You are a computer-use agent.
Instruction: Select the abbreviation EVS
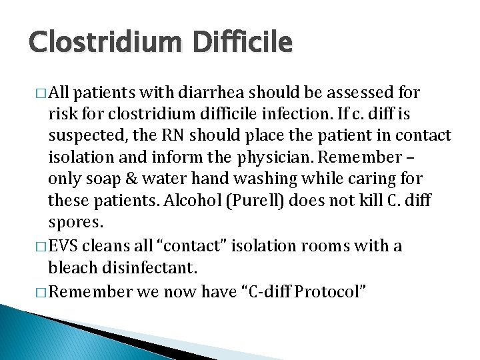click(65, 246)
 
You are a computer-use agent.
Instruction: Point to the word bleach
click(69, 267)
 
